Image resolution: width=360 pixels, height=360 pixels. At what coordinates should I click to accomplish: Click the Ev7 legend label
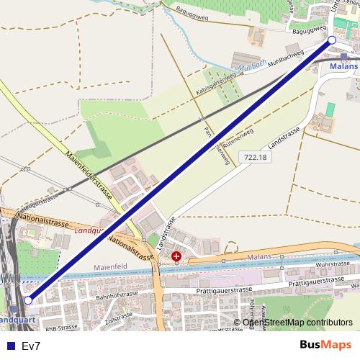[x=31, y=346]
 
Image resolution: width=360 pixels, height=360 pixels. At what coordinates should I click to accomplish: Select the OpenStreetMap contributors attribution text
[x=297, y=323]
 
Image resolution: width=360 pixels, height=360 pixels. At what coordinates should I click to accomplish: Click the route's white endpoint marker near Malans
[x=332, y=40]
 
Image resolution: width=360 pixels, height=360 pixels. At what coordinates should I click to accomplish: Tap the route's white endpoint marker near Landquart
[x=28, y=300]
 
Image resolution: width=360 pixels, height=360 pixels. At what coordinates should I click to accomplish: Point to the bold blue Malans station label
[x=343, y=66]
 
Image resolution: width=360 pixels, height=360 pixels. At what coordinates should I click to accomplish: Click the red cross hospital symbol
[x=176, y=256]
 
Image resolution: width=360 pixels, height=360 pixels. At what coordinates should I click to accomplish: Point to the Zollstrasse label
[x=120, y=318]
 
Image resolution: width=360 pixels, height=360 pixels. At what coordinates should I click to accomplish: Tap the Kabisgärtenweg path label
[x=215, y=84]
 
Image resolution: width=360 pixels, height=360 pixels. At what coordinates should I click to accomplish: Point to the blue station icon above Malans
[x=344, y=56]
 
